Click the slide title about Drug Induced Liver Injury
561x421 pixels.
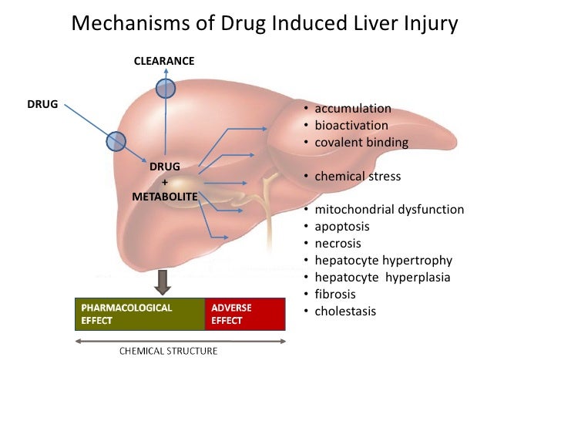[264, 24]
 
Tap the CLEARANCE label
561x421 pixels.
[164, 60]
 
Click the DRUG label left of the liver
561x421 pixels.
[43, 103]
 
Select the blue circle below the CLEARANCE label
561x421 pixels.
[166, 89]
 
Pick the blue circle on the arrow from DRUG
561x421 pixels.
[116, 140]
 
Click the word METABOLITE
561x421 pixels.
[165, 197]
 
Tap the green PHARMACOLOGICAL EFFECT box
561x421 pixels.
[139, 314]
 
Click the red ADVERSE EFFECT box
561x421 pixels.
[244, 314]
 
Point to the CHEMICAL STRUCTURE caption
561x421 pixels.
[167, 351]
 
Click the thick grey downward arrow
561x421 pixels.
[162, 283]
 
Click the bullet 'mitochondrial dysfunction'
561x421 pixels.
[389, 210]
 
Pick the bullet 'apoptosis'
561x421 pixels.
[341, 227]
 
